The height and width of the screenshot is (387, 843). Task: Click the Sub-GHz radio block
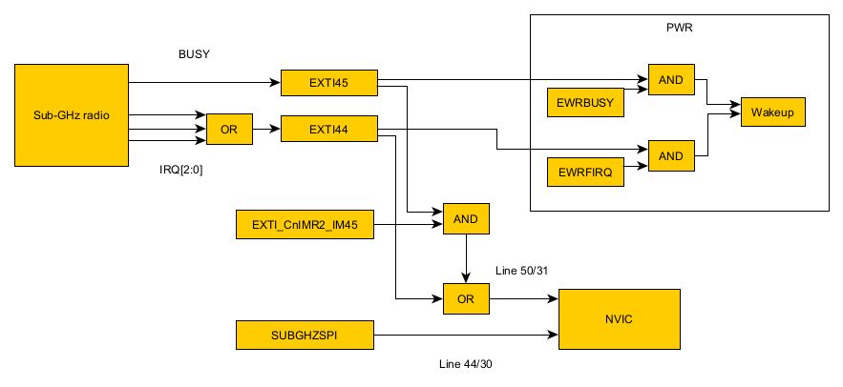click(x=72, y=115)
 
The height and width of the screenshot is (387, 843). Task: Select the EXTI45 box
click(x=328, y=83)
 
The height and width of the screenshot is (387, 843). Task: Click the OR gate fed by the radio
click(x=229, y=129)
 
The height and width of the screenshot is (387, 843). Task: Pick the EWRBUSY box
click(x=585, y=102)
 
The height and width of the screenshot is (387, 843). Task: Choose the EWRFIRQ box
click(x=585, y=173)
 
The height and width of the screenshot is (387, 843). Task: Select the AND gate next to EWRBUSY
click(x=671, y=80)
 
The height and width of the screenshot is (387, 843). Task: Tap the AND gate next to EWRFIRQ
click(x=671, y=155)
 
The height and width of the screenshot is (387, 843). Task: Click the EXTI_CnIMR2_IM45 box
click(x=305, y=225)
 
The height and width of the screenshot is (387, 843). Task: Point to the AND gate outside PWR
click(x=466, y=219)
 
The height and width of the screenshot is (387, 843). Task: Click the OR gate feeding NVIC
click(x=466, y=299)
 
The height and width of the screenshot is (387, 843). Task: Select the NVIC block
click(x=619, y=318)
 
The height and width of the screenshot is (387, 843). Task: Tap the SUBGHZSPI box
click(x=305, y=335)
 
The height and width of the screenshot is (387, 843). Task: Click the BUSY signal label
click(x=194, y=54)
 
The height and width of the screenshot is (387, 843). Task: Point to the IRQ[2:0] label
click(x=180, y=170)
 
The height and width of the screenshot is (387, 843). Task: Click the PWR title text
click(x=679, y=27)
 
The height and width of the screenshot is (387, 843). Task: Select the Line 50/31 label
click(x=522, y=272)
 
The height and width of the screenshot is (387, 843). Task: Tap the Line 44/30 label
click(x=465, y=364)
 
